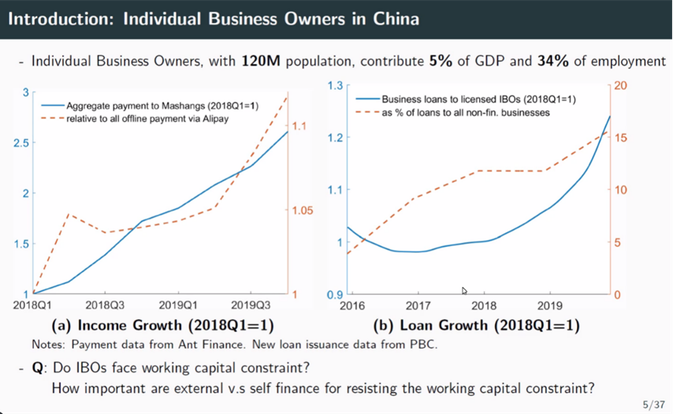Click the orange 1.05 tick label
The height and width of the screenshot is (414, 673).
tap(303, 211)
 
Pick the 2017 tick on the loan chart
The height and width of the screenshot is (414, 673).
tap(418, 305)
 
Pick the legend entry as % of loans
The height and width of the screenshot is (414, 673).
tap(466, 113)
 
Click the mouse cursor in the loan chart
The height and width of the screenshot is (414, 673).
tap(465, 291)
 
